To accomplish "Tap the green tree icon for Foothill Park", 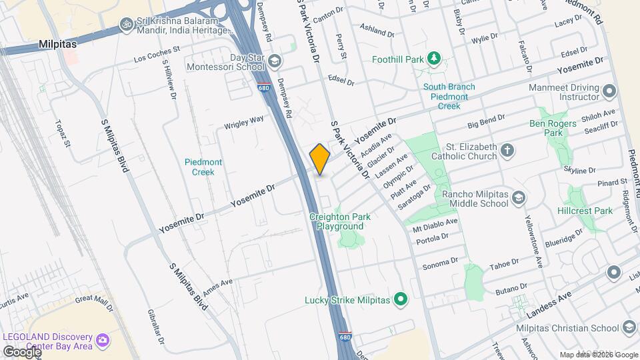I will click(434, 59).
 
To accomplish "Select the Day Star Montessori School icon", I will click(274, 62).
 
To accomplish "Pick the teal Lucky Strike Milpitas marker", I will click(401, 300).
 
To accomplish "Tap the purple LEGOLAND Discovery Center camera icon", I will click(103, 341).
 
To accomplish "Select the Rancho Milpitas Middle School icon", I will click(517, 198).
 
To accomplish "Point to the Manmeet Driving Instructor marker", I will click(609, 91).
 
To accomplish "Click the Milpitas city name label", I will click(58, 44).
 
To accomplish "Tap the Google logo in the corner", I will click(21, 351).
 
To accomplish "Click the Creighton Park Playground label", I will click(340, 221).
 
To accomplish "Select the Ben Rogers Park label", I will click(546, 128).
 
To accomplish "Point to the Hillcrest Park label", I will click(585, 211).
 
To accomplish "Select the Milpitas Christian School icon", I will click(628, 327).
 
